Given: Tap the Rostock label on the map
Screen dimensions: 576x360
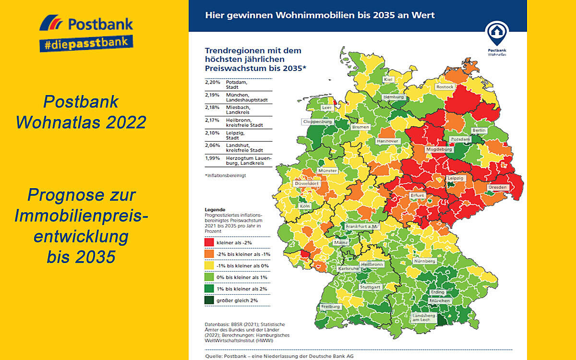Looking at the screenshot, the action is [x=444, y=87].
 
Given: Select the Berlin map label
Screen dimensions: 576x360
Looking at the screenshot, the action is [x=479, y=130].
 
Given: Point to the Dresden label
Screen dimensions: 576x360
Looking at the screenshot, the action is [x=497, y=187].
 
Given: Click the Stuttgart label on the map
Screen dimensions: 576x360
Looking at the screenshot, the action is [x=370, y=287].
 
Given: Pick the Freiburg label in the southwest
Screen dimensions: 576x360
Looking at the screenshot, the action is [x=331, y=306].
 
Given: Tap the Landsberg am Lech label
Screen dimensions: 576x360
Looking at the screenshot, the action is [x=423, y=318].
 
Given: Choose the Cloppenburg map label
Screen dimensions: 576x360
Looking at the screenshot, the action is [x=317, y=122].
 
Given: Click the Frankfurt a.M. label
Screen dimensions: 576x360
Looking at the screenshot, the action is [x=362, y=226].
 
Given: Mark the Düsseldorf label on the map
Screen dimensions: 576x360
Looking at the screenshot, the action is [x=307, y=184].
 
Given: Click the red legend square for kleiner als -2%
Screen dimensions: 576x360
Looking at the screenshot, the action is [x=209, y=243].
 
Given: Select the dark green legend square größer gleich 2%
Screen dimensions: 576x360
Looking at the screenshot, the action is [x=209, y=300].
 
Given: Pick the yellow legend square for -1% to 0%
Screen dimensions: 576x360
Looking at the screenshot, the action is [x=209, y=265].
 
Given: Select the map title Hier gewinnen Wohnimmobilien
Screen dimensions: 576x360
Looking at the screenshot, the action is [x=320, y=15].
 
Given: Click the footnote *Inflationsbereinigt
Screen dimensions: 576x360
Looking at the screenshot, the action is [x=225, y=176].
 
